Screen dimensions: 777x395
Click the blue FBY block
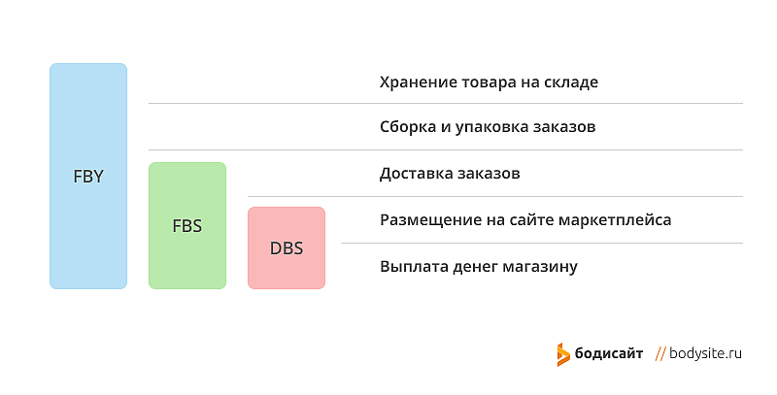[x=88, y=176]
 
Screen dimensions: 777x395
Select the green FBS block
[x=187, y=225]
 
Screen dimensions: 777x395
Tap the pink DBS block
[x=287, y=247]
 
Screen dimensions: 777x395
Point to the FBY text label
[x=88, y=177]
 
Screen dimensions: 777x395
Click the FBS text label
[x=187, y=226]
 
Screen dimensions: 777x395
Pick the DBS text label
[x=287, y=248]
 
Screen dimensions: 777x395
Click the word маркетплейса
[x=615, y=220]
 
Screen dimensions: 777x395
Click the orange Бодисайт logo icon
[x=563, y=354]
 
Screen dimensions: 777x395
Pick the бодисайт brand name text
[x=609, y=353]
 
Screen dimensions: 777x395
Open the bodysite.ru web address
[x=706, y=353]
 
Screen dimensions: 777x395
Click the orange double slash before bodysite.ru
[x=660, y=353]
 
